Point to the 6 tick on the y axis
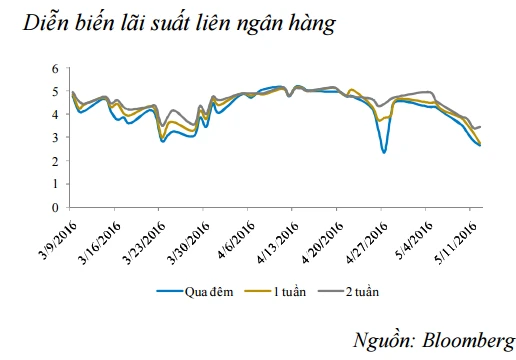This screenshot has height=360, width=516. coord(57,69)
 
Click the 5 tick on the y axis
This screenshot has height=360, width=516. coord(57,92)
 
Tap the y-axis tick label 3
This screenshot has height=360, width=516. coord(57,138)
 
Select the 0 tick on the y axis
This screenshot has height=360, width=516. coord(57,207)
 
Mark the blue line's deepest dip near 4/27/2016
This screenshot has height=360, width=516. coord(384,152)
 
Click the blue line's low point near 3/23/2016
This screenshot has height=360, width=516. coord(162,141)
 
